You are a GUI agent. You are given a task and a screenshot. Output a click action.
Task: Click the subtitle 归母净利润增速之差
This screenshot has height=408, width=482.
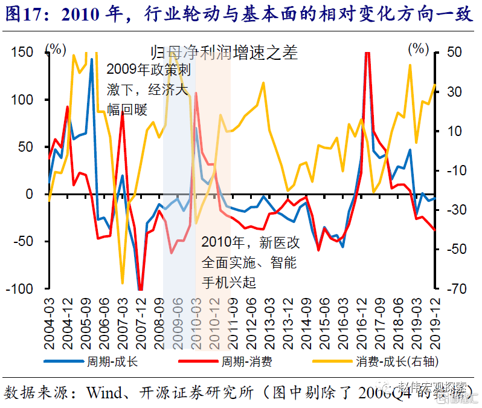pos(224,53)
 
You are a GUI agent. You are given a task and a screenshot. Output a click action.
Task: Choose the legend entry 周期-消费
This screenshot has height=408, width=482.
pos(245,361)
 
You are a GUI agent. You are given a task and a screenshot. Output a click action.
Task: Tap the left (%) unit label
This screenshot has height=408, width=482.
pos(56,48)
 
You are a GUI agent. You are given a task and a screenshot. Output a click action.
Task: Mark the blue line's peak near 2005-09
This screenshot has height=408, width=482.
pos(92,59)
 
